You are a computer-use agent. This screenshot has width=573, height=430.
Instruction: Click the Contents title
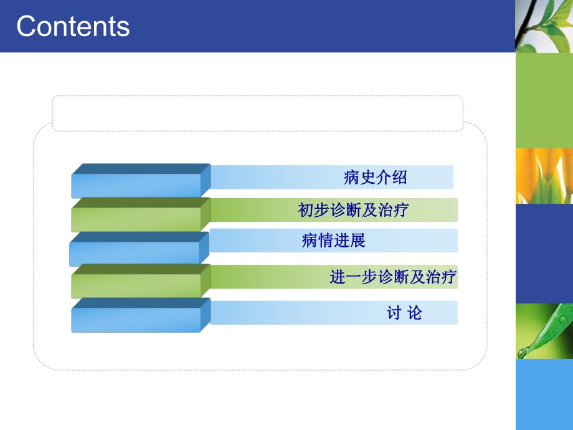pyautogui.click(x=73, y=26)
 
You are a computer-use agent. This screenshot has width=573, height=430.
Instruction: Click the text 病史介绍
pyautogui.click(x=375, y=178)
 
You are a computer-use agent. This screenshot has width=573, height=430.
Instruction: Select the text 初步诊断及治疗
pyautogui.click(x=353, y=210)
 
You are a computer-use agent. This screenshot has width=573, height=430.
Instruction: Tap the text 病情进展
pyautogui.click(x=333, y=241)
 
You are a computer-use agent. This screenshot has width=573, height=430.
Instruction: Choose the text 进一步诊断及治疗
pyautogui.click(x=393, y=277)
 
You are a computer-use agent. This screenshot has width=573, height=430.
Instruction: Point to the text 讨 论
pyautogui.click(x=404, y=313)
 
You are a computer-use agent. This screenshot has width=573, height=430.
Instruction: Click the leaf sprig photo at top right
pyautogui.click(x=544, y=26)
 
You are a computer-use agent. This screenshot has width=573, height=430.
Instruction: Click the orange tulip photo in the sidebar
pyautogui.click(x=544, y=176)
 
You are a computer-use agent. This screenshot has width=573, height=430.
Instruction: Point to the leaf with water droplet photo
pyautogui.click(x=544, y=331)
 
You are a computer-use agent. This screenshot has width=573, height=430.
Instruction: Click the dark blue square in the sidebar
pyautogui.click(x=544, y=253)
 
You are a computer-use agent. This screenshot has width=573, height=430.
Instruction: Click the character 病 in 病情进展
pyautogui.click(x=310, y=241)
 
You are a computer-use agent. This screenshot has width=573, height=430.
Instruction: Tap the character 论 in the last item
pyautogui.click(x=414, y=313)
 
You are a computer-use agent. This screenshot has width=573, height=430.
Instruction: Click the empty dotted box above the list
pyautogui.click(x=257, y=113)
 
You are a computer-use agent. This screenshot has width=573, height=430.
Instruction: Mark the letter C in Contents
pyautogui.click(x=27, y=26)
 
